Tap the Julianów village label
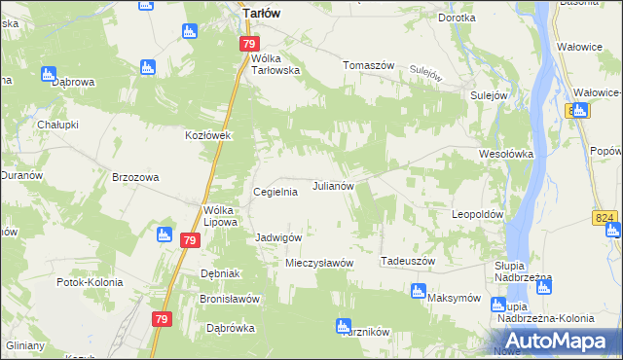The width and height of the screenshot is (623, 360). (x=338, y=185)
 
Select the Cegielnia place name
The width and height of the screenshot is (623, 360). (x=275, y=192)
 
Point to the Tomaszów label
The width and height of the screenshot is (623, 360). (x=368, y=66)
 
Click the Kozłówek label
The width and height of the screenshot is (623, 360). (x=207, y=135)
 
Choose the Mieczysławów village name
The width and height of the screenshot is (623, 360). (x=318, y=263)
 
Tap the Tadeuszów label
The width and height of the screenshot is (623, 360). (x=407, y=261)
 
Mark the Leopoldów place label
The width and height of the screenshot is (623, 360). (x=477, y=213)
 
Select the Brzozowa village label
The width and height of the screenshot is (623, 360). (x=135, y=177)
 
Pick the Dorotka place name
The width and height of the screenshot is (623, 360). (x=457, y=18)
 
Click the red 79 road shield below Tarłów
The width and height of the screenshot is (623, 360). (x=249, y=45)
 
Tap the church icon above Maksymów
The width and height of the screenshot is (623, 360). (x=418, y=290)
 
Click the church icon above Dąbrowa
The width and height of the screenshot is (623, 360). (x=49, y=73)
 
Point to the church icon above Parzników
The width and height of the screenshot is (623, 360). (x=341, y=326)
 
